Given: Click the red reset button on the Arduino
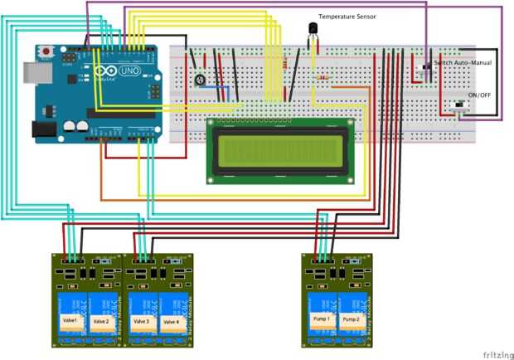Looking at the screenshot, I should tap(46, 50).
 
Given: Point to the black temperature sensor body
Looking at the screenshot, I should tap(314, 33).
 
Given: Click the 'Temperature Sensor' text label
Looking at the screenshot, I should tap(347, 17).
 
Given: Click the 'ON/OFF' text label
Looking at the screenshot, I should tap(480, 95).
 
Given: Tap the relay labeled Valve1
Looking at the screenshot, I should tap(69, 320).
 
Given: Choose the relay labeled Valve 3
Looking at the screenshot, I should tap(141, 320).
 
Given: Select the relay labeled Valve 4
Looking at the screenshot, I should tap(172, 320).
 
